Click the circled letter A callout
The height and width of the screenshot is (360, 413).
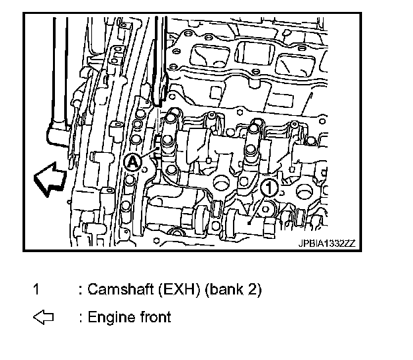tap(132, 161)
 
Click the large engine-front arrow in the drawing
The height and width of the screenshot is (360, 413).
tap(48, 179)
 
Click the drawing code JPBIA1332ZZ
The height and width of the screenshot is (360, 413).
tap(326, 243)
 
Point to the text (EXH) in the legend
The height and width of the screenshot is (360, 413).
tap(169, 289)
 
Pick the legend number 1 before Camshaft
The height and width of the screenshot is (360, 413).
tap(37, 289)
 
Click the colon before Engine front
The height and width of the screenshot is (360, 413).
tap(80, 318)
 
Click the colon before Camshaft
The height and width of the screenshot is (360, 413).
tap(80, 290)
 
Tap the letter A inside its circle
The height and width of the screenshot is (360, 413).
tap(132, 161)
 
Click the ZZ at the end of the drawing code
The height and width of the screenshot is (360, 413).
tap(350, 243)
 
